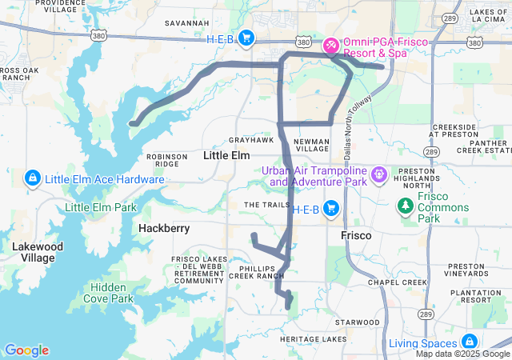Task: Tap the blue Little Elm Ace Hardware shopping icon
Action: point(33,178)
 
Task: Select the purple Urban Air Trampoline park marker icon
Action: point(378,173)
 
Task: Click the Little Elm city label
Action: point(227,155)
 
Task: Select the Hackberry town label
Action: point(164,228)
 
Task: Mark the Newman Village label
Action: point(311,144)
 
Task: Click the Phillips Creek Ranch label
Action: point(258,271)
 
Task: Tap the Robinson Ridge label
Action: point(166,159)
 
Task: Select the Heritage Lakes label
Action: point(314,340)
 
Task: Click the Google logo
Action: point(26,350)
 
